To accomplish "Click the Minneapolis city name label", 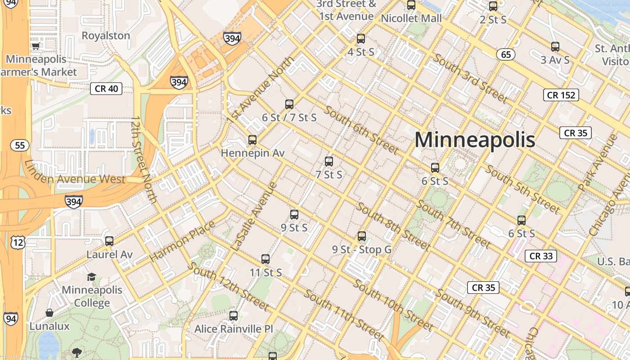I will point(475,139).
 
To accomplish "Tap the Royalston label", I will point(106,36).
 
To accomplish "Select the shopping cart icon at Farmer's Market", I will point(36,45).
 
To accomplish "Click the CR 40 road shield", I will point(107,89).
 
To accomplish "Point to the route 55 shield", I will point(20,145).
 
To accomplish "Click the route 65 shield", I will point(506,54).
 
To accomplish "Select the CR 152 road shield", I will point(561,95).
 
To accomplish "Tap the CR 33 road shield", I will point(541,256).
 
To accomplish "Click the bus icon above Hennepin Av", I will point(252,140).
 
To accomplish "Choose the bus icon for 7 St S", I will point(329,162).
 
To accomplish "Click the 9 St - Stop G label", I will point(362,249).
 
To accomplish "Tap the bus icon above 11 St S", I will point(265,259).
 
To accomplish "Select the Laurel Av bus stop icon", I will point(109,241).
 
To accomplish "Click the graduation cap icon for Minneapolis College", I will point(92,277).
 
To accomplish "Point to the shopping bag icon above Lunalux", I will point(49,313).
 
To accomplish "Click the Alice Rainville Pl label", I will point(234,329).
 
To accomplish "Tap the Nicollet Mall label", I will point(411,18).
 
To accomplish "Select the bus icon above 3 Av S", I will point(555,46).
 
